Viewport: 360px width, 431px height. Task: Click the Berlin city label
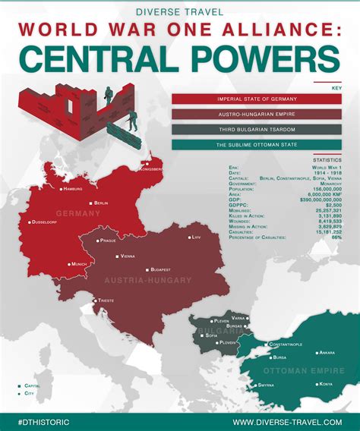tap(101, 203)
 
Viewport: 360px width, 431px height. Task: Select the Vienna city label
tap(128, 256)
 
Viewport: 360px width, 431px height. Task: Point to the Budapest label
tap(159, 269)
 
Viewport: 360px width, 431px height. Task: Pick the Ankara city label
tap(327, 353)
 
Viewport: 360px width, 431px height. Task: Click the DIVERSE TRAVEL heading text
tap(180, 11)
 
